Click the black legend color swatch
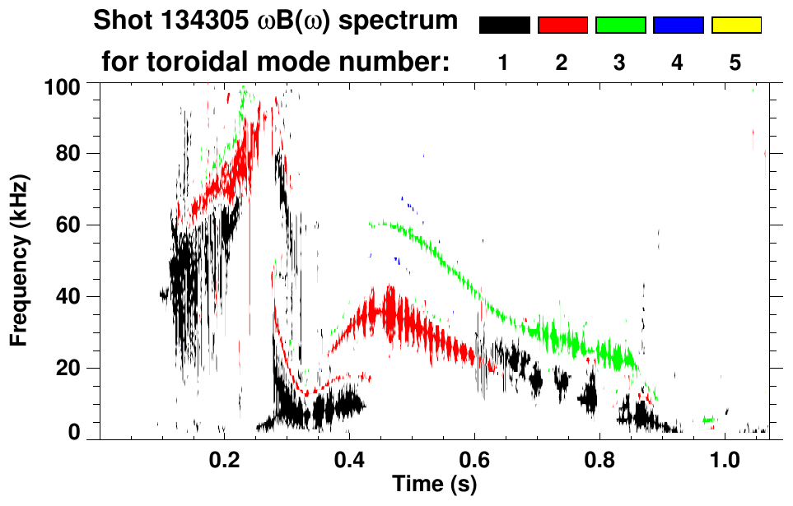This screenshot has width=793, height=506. click(x=504, y=26)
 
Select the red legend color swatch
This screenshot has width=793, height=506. click(x=562, y=26)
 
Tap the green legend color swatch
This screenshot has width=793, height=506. click(x=620, y=26)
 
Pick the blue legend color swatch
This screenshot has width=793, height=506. click(x=678, y=26)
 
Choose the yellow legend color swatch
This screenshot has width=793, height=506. click(x=736, y=26)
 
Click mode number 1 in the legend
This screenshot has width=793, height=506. click(x=504, y=63)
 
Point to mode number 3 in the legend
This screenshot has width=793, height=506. click(x=620, y=63)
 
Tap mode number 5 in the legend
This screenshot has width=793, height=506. click(x=736, y=63)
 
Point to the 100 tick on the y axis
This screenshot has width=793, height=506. click(x=67, y=86)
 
